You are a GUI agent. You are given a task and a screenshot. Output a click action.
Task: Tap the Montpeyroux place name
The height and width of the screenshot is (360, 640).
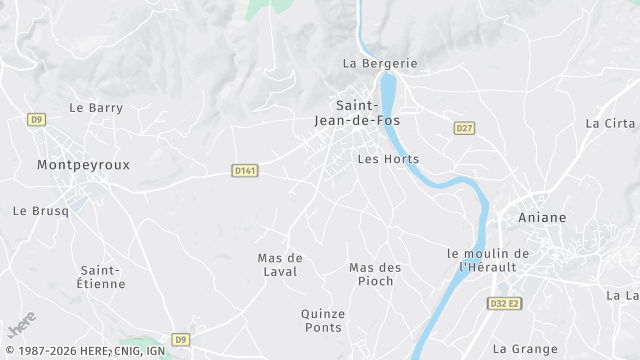[x=83, y=164]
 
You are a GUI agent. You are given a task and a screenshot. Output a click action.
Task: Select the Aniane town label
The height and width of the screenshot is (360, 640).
[x=542, y=217]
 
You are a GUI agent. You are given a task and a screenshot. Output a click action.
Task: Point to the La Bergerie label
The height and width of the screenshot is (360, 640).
[x=380, y=63]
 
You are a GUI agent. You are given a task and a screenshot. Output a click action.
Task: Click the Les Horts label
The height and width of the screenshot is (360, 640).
[x=388, y=159]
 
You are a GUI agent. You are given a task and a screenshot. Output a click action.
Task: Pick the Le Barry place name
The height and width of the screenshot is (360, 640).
[x=96, y=108]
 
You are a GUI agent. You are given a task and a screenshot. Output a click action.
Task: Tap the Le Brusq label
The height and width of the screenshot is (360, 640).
[x=40, y=211]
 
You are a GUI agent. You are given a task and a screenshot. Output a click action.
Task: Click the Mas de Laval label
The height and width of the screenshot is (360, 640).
[x=280, y=264]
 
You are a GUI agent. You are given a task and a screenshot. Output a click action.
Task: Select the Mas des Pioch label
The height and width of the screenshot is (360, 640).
[x=375, y=274]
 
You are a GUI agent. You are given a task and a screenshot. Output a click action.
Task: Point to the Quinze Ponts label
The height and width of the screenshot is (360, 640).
[x=323, y=320]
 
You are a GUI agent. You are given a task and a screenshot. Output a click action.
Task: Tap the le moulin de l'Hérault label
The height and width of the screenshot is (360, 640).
[x=487, y=260]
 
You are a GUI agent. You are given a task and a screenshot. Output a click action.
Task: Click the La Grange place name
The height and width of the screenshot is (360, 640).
[x=526, y=349]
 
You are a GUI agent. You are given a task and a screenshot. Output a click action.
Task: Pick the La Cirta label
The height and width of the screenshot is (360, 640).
[x=610, y=124]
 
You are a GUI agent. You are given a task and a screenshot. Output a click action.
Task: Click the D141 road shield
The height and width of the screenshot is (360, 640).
[x=244, y=171]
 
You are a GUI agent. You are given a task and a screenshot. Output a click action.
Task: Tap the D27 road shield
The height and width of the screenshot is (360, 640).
[x=464, y=128]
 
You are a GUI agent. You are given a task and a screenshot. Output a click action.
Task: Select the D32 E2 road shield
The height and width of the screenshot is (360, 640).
[x=505, y=303]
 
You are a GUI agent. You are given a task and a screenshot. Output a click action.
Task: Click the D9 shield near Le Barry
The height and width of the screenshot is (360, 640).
[x=37, y=120]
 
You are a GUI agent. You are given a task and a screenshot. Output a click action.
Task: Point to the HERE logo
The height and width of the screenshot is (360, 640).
[x=21, y=326]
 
